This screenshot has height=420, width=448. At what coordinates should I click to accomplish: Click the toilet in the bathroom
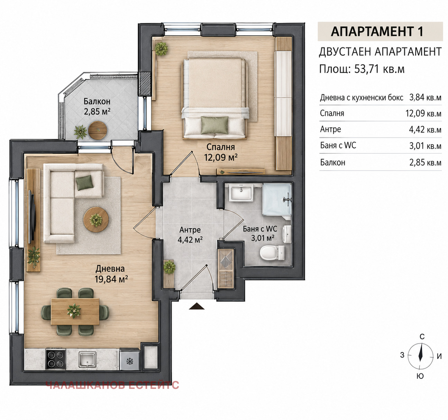pos(272,253)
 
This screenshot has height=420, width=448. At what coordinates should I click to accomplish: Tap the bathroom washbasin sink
pos(241,192)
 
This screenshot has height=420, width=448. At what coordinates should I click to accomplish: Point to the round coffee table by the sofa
pos(96,219)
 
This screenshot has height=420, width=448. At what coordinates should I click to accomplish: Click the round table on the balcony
pos(98,130)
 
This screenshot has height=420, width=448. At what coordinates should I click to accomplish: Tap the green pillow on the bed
pos(214,125)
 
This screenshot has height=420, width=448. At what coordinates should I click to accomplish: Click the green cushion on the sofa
pos(84,183)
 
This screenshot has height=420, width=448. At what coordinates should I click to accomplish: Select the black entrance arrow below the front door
pos(197,306)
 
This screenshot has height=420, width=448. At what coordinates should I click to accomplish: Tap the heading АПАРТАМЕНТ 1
pos(377,31)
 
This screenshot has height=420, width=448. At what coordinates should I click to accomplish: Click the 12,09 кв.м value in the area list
pos(423,113)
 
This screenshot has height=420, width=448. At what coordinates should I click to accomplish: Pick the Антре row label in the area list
pos(330,129)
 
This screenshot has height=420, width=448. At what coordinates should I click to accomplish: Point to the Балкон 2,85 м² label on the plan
pos(97,106)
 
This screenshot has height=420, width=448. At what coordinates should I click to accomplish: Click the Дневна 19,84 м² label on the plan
pos(111,274)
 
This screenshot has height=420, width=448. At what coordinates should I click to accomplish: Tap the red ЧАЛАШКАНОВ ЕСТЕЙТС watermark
pos(112,385)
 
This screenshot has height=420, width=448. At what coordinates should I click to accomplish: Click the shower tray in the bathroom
pos(277,199)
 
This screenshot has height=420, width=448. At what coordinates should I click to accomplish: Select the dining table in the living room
pos(75,311)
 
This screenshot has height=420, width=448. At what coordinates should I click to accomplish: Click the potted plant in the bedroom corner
pos(161,48)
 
